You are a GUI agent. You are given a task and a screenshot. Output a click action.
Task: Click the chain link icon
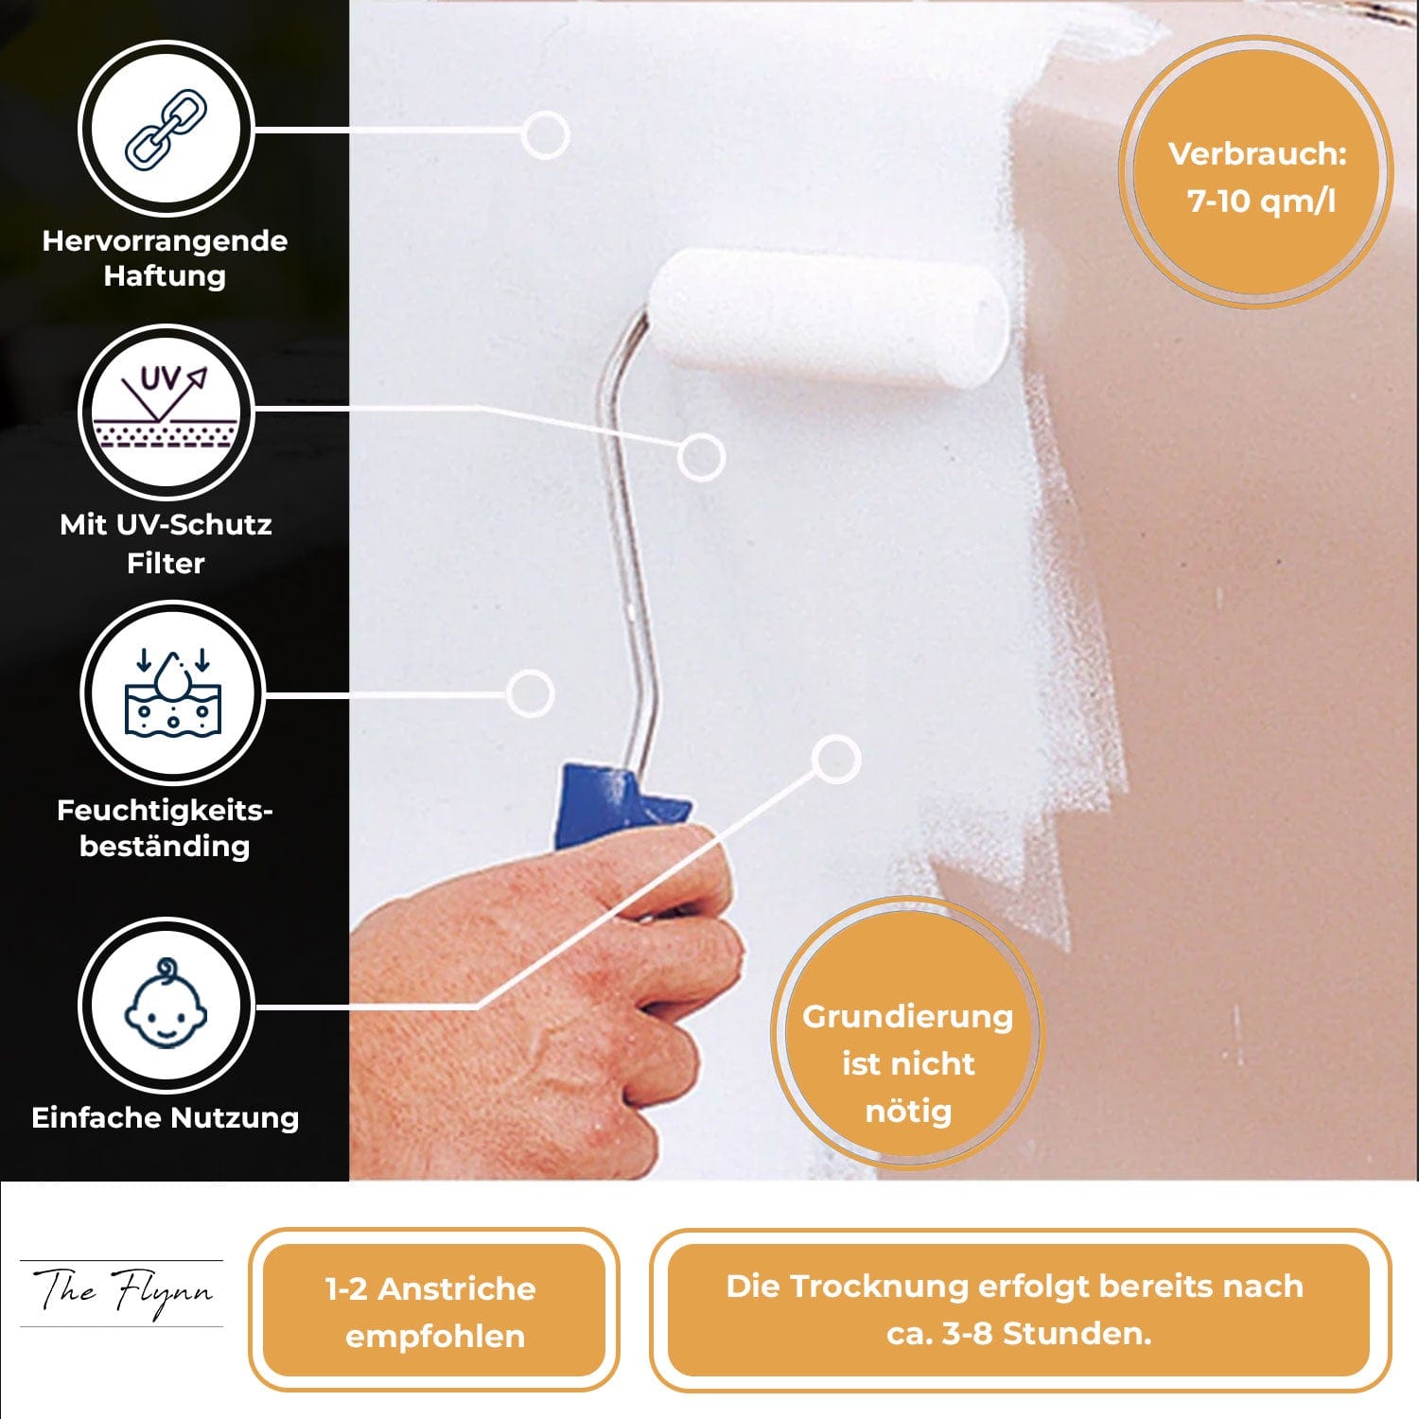point(166,129)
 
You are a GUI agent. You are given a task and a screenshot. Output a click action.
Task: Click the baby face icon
point(166,1005)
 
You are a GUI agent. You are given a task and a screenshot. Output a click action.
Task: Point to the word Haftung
point(165,276)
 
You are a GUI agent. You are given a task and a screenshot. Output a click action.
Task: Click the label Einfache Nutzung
point(166,1118)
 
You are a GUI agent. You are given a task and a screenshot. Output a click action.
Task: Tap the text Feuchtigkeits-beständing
point(165,828)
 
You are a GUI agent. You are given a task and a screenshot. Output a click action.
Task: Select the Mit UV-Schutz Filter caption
point(166,543)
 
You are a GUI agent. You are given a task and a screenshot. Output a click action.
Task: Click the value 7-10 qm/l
point(1261,201)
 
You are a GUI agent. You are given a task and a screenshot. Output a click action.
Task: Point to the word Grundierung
point(908,1017)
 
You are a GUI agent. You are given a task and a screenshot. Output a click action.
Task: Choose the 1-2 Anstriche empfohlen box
point(434,1310)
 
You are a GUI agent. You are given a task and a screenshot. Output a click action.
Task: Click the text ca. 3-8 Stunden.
point(1019,1334)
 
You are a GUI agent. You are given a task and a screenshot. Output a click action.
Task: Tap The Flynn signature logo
point(122,1292)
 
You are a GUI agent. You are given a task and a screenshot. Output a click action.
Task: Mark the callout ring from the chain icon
point(545,134)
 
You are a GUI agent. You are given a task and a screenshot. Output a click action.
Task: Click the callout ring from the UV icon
point(700,457)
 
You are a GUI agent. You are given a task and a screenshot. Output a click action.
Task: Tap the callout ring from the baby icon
point(836,759)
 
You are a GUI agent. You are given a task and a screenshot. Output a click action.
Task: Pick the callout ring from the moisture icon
point(530,693)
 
